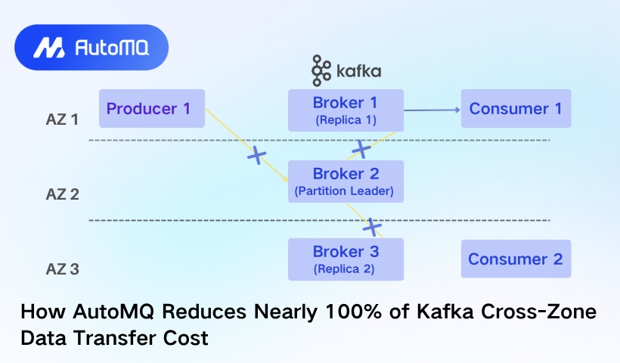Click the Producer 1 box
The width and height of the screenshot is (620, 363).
152,108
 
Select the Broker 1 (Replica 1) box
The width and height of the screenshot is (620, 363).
346,110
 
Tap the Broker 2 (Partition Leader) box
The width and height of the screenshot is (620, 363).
346,181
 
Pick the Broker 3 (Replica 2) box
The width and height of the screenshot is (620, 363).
346,259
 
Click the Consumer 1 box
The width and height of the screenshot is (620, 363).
516,108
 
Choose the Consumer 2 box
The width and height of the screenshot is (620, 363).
516,259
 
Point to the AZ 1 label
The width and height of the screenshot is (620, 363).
62,119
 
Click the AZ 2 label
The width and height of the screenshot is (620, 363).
63,194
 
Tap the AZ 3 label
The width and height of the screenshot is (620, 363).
63,269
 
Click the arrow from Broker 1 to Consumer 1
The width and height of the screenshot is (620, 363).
432,110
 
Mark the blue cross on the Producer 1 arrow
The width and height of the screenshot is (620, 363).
256,155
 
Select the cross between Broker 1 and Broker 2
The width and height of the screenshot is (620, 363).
361,149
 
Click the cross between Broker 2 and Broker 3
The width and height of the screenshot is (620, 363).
372,227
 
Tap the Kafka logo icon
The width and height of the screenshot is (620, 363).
321,71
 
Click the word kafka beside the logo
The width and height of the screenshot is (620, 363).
358,71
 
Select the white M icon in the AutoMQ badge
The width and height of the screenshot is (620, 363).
49,48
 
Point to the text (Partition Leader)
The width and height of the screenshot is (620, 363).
344,191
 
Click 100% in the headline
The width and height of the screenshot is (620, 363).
354,312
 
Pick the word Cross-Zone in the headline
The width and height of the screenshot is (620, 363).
538,312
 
